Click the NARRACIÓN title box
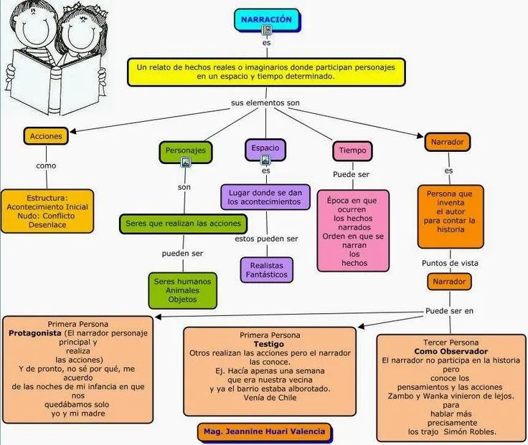pyautogui.click(x=266, y=19)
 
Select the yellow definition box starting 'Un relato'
pyautogui.click(x=265, y=71)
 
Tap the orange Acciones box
pyautogui.click(x=46, y=135)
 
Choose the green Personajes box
pyautogui.click(x=185, y=150)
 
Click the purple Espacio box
pyautogui.click(x=265, y=148)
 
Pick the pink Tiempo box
pyautogui.click(x=352, y=151)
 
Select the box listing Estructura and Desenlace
pyautogui.click(x=47, y=211)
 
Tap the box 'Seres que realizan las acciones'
pyautogui.click(x=183, y=224)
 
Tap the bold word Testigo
pyautogui.click(x=269, y=344)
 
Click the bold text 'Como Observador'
pyautogui.click(x=451, y=351)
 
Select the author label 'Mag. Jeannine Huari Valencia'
pyautogui.click(x=264, y=431)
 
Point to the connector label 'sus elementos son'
pyautogui.click(x=265, y=102)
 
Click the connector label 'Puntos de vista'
pyautogui.click(x=450, y=263)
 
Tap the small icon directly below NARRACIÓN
pyautogui.click(x=267, y=30)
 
